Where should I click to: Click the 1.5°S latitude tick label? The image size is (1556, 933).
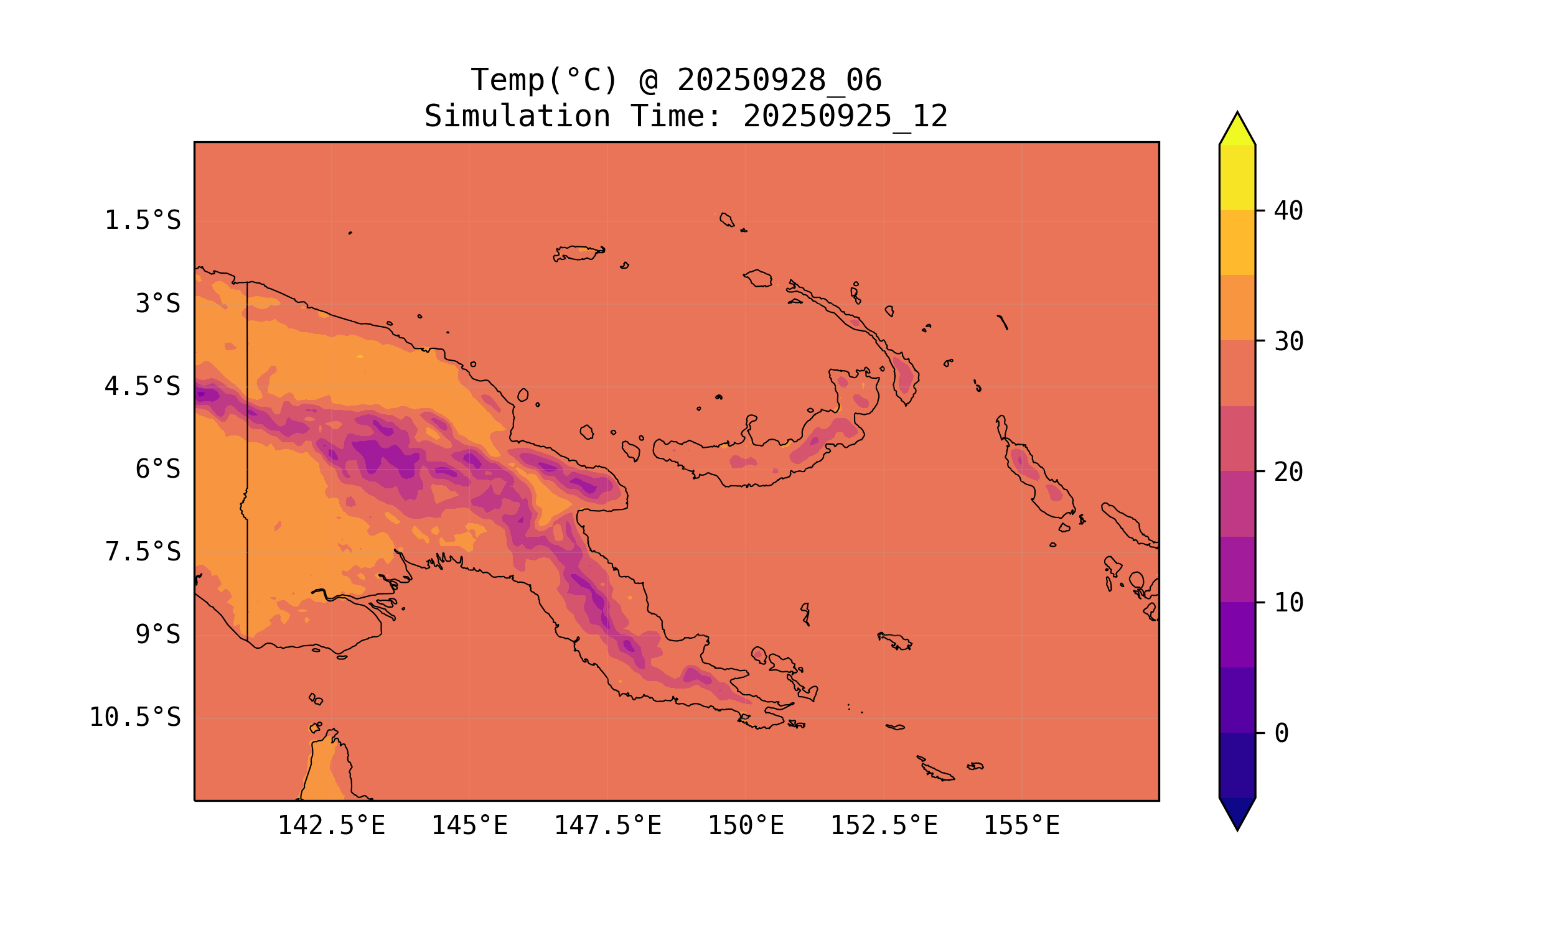tap(142, 221)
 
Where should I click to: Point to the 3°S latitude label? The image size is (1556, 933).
tap(158, 304)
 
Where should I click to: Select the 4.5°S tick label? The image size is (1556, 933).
tap(142, 387)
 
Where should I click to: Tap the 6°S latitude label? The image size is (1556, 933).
tap(158, 469)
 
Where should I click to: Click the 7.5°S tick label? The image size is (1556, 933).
tap(142, 552)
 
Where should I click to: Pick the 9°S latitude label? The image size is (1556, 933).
tap(158, 634)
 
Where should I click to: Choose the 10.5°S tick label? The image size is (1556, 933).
tap(134, 717)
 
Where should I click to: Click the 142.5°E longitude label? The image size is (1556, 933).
tap(332, 825)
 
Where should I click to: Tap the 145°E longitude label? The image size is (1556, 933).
tap(469, 825)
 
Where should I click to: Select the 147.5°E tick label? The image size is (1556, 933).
tap(607, 825)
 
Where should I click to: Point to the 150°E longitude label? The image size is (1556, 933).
tap(746, 825)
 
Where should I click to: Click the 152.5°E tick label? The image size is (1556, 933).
tap(884, 825)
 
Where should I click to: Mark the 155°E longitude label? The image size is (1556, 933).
tap(1021, 825)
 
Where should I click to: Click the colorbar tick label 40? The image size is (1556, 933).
tap(1288, 211)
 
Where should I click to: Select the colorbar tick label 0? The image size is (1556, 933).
tap(1281, 733)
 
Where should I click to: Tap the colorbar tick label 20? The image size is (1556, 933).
tap(1288, 472)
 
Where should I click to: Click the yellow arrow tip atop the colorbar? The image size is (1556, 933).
tap(1237, 129)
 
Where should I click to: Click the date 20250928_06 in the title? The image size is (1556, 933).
tap(779, 80)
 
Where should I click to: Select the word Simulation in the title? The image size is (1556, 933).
tap(517, 117)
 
